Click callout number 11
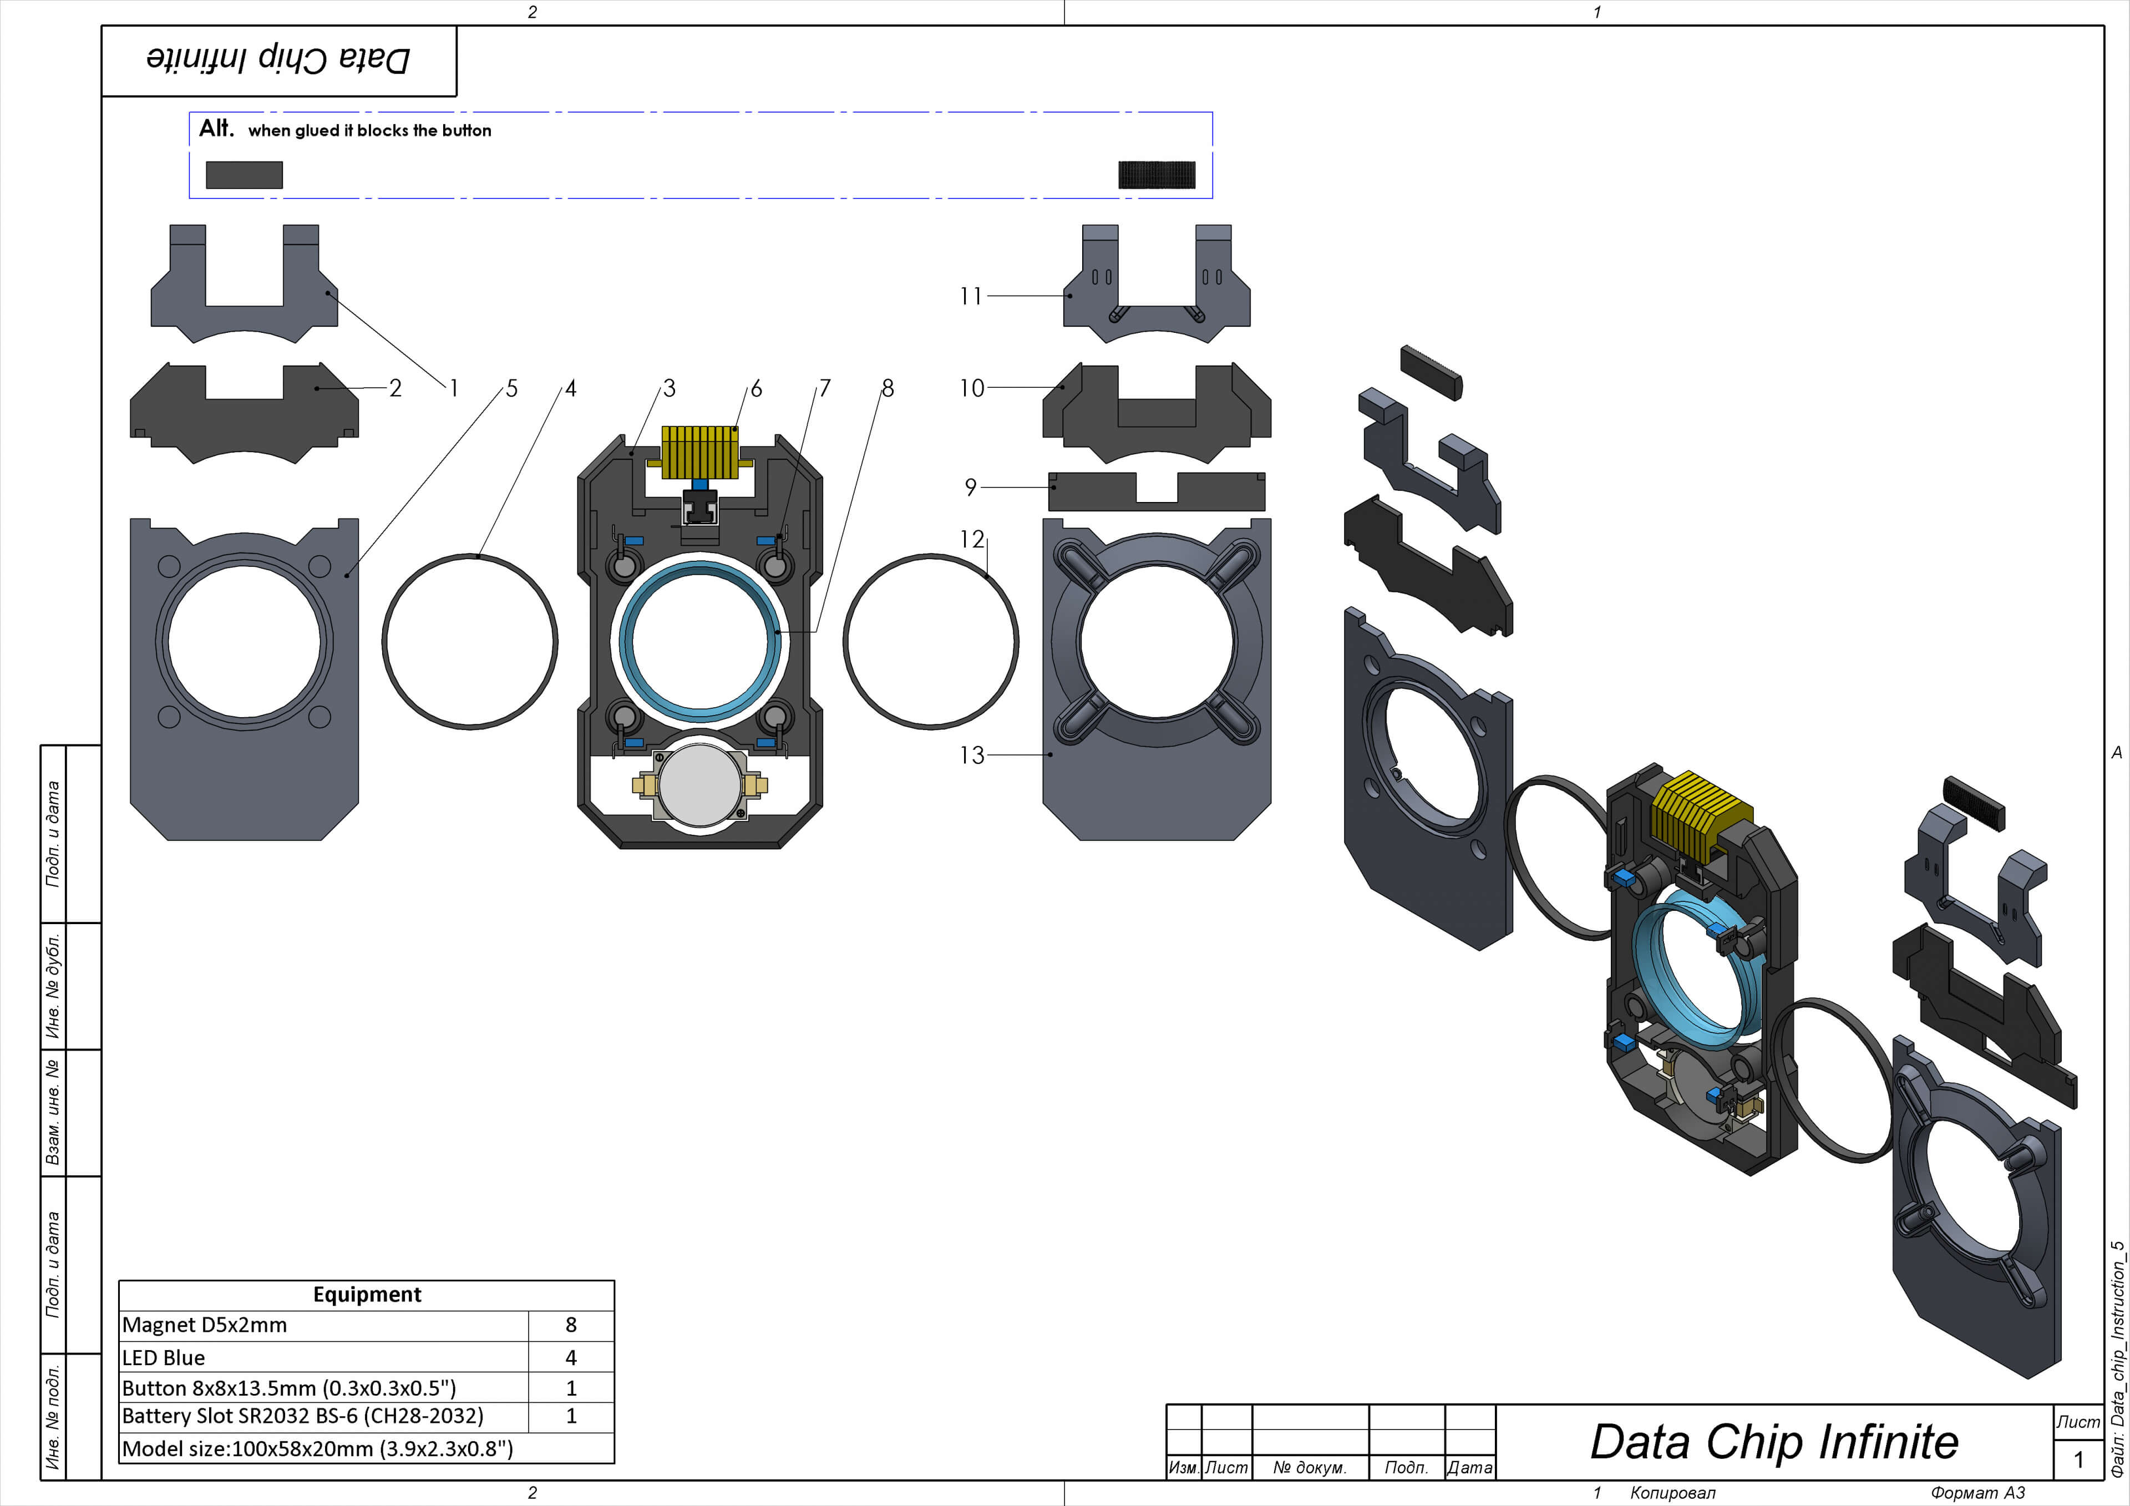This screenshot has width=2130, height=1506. coord(970,296)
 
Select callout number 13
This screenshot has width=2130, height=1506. coord(971,755)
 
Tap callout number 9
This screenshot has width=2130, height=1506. coord(970,487)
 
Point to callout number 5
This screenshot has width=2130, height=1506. coord(511,389)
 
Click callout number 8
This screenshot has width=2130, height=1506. coord(888,389)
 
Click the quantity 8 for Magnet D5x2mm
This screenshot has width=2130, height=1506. coord(571,1325)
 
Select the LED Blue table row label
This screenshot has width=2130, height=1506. coord(164,1357)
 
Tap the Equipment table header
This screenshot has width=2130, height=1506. coord(367,1295)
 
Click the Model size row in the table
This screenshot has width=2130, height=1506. coord(317,1448)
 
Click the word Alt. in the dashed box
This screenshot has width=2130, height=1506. coord(216,128)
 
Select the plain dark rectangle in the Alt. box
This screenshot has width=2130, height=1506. coord(244,174)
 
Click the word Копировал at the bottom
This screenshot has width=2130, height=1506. coord(1672,1492)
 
